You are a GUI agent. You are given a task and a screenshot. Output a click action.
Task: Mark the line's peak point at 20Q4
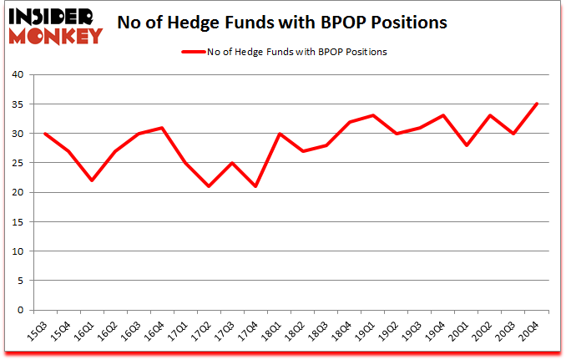(x=537, y=104)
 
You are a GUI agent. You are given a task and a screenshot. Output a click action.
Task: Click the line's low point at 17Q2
(x=209, y=186)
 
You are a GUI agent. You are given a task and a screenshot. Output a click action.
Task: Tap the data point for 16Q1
(x=91, y=180)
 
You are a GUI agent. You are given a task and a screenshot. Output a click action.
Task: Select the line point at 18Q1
(x=279, y=134)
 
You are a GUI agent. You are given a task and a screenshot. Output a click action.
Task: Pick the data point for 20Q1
(x=467, y=145)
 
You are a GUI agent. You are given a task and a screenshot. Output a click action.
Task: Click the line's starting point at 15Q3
(x=44, y=134)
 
